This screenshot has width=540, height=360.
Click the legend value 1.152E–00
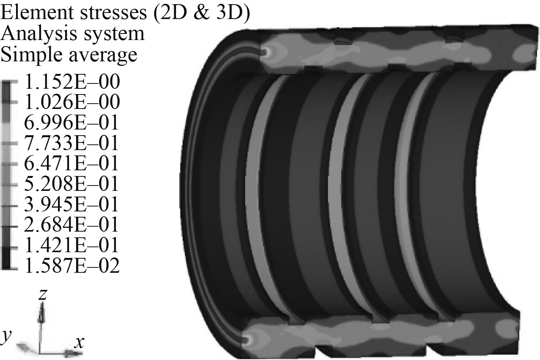(x=72, y=82)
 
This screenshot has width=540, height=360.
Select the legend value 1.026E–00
(x=72, y=102)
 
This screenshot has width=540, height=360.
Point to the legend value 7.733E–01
(x=71, y=143)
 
